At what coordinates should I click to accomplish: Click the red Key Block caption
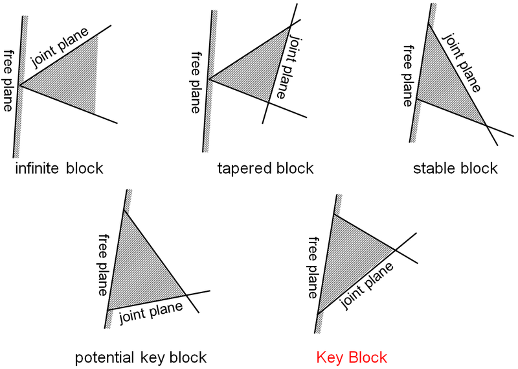click(x=352, y=357)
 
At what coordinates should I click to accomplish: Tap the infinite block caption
click(x=59, y=169)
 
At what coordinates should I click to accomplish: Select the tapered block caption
click(x=265, y=169)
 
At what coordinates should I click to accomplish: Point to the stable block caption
click(x=455, y=169)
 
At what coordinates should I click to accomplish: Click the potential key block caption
click(x=141, y=357)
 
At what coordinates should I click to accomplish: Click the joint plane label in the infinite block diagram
click(x=60, y=47)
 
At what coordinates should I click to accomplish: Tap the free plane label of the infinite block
click(x=9, y=80)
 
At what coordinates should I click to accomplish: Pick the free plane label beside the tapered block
click(x=196, y=82)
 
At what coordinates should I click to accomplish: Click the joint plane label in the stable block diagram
click(x=462, y=62)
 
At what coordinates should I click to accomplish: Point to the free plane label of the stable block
click(x=408, y=75)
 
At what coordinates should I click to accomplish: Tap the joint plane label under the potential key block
click(x=151, y=311)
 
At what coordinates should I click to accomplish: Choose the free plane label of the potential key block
click(x=103, y=265)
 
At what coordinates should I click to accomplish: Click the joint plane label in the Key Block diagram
click(x=367, y=285)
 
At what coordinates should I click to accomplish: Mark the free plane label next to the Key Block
click(x=313, y=267)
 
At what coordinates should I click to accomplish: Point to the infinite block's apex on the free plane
click(x=21, y=86)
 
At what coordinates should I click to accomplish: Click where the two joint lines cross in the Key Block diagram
click(x=395, y=249)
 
